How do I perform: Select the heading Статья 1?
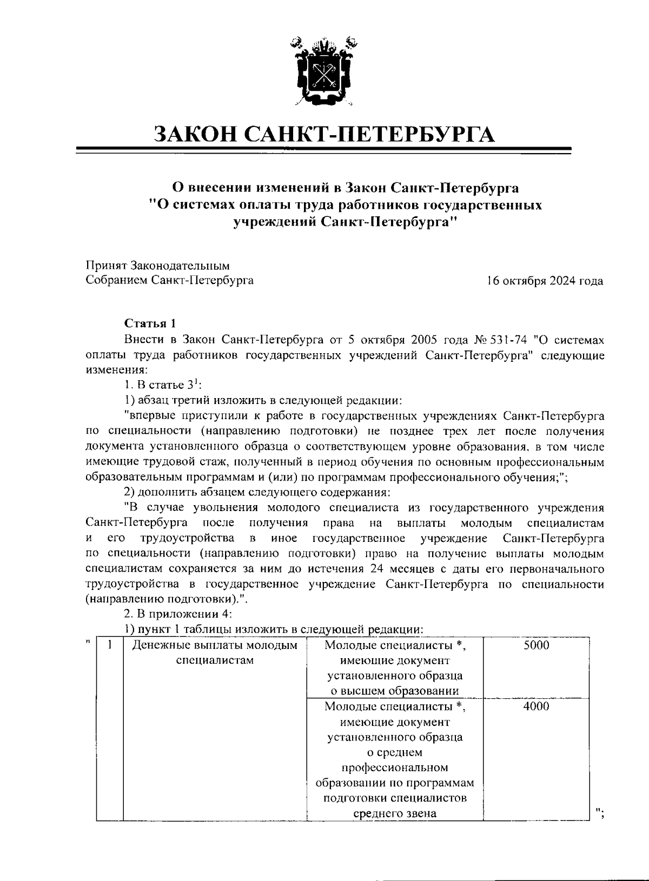[x=150, y=323]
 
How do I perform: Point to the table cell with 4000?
[x=536, y=706]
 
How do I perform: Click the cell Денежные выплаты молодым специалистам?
[x=215, y=653]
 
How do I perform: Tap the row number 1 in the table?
[x=110, y=645]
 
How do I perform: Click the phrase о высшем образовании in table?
[x=395, y=691]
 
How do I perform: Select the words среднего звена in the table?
[x=395, y=813]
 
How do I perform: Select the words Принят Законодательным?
[x=157, y=266]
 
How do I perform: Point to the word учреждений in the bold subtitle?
[x=273, y=222]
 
